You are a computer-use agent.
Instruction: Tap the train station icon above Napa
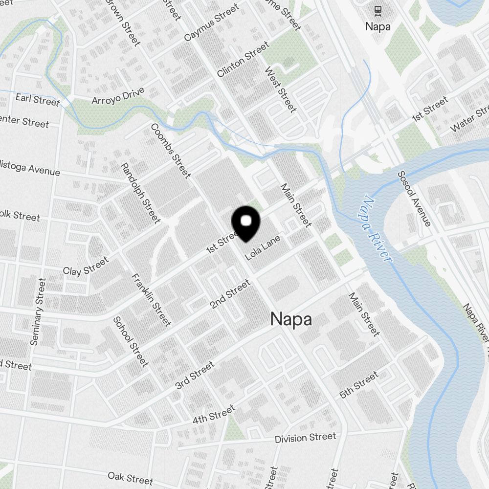[x=378, y=10]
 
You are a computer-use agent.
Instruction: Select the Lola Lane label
[x=263, y=247]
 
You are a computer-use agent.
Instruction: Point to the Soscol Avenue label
[x=414, y=199]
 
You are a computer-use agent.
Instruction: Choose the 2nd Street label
[x=230, y=294]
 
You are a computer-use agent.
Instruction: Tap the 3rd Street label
[x=195, y=375]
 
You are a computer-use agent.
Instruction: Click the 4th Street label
[x=214, y=414]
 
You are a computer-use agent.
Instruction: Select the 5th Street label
[x=359, y=384]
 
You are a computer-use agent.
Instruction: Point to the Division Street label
[x=305, y=438]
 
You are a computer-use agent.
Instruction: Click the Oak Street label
[x=131, y=477]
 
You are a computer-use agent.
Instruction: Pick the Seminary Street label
[x=38, y=311]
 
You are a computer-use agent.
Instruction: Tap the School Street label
[x=131, y=341]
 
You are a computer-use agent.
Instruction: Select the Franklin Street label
[x=152, y=300]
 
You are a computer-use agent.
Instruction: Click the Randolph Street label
[x=140, y=193]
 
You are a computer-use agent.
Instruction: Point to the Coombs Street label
[x=171, y=151]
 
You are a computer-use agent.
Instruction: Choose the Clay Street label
[x=86, y=266]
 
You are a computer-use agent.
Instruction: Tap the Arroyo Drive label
[x=118, y=95]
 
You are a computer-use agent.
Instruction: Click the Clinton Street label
[x=243, y=59]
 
